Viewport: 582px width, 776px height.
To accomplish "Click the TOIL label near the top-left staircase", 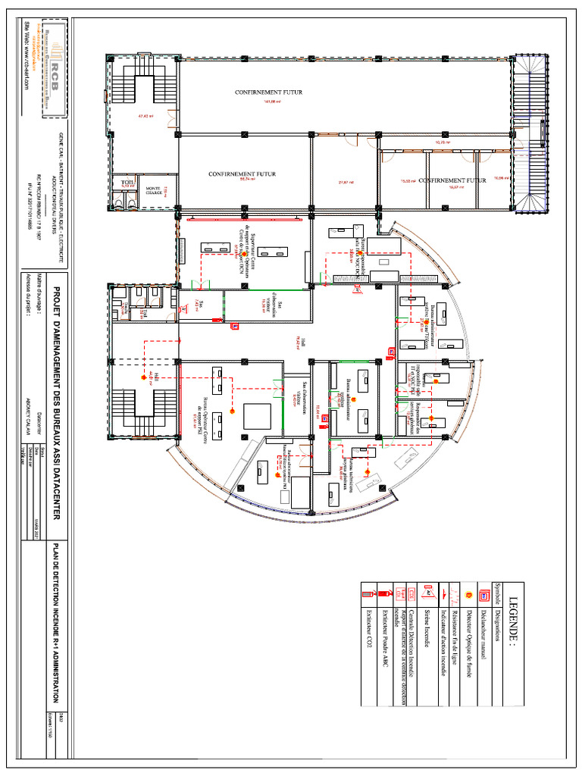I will click(127, 183).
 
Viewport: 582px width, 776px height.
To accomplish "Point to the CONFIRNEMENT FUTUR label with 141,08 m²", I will click(268, 92).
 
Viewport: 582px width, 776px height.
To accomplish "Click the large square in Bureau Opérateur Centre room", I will click(256, 416).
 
